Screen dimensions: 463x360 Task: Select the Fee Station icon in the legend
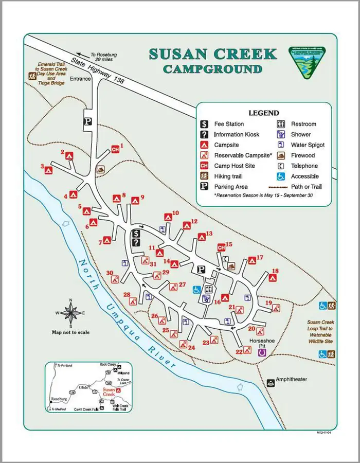204,124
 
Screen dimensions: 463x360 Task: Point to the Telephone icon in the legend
281,166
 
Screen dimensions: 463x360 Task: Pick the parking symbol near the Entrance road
87,121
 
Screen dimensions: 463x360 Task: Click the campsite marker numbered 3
49,169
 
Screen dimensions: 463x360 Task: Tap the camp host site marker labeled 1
116,150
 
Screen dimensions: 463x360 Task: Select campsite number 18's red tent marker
273,278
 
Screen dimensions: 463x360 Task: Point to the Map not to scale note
71,332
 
